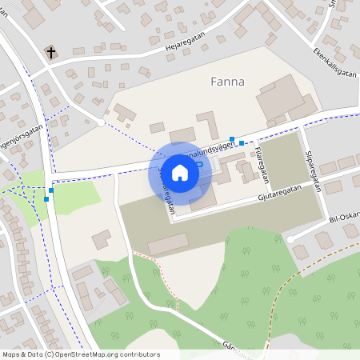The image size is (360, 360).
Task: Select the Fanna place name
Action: pyautogui.click(x=227, y=82)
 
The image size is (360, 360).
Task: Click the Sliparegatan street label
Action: pyautogui.click(x=314, y=170)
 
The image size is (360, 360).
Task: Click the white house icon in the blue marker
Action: pyautogui.click(x=180, y=173)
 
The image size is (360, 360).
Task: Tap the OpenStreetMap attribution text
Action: pyautogui.click(x=80, y=354)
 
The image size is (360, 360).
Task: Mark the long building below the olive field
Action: pyautogui.click(x=169, y=243)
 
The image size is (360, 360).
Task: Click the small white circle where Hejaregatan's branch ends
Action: pyautogui.click(x=100, y=123)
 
